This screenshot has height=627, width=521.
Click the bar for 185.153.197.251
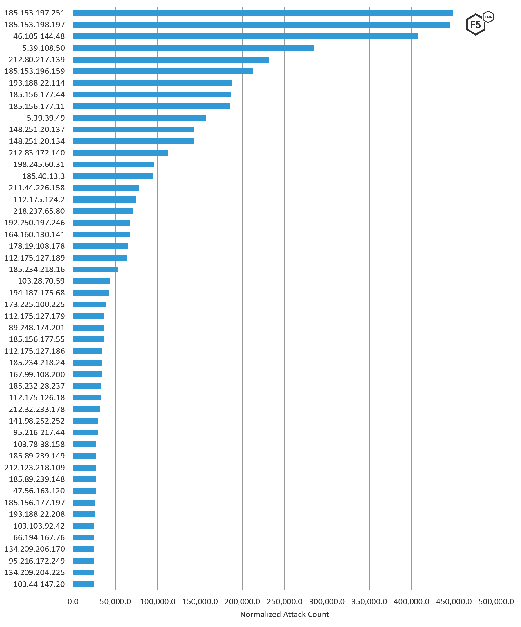click(262, 13)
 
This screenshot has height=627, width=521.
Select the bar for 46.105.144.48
click(245, 36)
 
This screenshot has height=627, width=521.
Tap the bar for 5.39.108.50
click(194, 48)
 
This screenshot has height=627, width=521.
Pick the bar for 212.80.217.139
click(171, 60)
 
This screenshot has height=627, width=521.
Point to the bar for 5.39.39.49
click(140, 118)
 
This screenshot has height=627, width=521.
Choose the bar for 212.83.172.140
click(120, 153)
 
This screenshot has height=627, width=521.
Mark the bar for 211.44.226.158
click(106, 188)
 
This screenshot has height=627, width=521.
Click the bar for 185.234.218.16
click(95, 269)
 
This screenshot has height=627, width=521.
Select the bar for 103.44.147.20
click(83, 584)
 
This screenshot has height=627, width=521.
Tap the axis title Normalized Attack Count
click(284, 614)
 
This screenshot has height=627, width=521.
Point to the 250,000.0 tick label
click(285, 601)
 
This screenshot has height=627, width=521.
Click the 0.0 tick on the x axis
click(73, 601)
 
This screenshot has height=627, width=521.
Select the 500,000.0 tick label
click(496, 601)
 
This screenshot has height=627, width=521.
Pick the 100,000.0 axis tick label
click(157, 601)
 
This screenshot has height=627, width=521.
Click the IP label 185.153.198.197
click(35, 25)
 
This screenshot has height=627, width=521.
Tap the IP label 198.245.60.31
click(39, 164)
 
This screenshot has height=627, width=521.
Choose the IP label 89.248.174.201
click(37, 328)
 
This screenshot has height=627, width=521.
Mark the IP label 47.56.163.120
click(39, 491)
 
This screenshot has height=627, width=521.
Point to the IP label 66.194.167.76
click(39, 537)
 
